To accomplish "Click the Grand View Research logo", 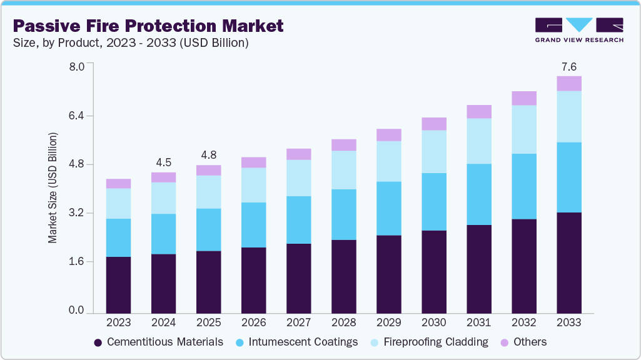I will click(579, 29).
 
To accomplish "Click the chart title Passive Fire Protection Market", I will click(148, 26).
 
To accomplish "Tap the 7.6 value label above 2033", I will click(568, 67).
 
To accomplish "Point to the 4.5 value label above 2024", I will click(163, 163).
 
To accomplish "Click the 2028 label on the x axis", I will click(343, 322).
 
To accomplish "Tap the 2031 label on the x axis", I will click(478, 322).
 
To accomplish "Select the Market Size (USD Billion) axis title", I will click(53, 188).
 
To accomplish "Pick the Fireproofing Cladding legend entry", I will click(429, 342).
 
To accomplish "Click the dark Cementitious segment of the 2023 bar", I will click(118, 284).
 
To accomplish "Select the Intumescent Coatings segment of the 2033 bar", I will click(568, 177).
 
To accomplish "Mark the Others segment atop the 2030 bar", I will click(433, 124).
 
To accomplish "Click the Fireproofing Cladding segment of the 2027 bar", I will click(298, 178).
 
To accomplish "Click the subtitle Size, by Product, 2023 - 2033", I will click(131, 43).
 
